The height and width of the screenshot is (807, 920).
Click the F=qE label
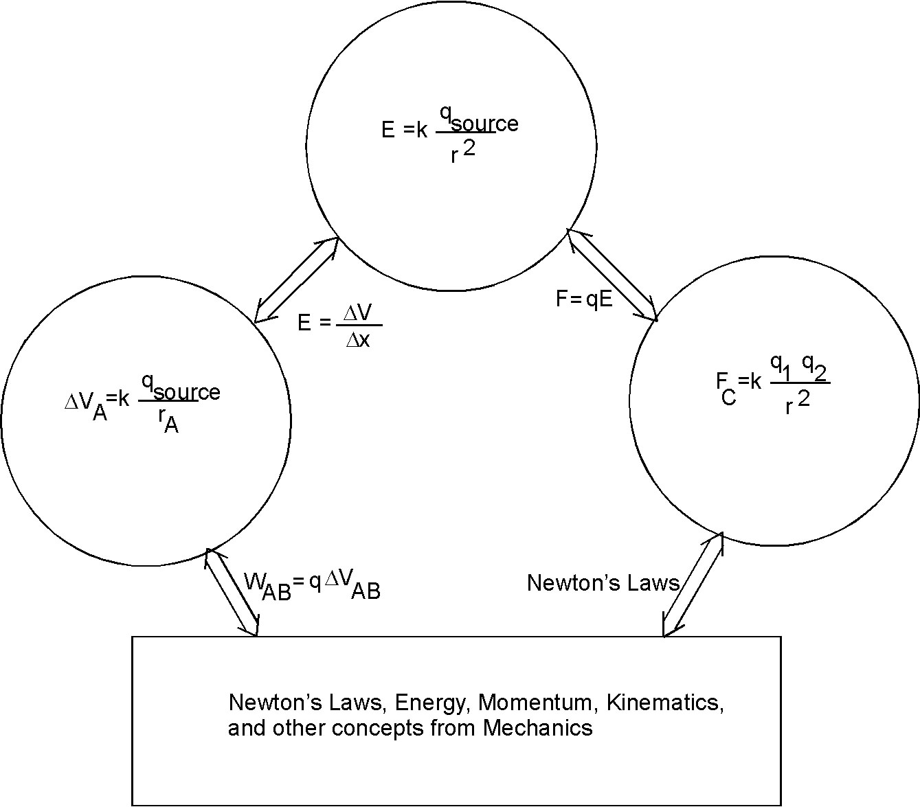click(583, 299)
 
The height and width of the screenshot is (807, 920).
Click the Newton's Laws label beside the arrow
click(603, 583)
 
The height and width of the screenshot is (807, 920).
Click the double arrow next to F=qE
click(612, 275)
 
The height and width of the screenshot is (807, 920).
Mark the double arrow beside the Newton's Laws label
click(693, 584)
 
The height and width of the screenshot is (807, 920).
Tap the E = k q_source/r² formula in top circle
click(449, 137)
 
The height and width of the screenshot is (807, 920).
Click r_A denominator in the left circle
click(168, 423)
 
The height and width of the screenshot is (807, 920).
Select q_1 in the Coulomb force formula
click(781, 365)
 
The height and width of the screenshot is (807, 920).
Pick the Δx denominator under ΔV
click(358, 339)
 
